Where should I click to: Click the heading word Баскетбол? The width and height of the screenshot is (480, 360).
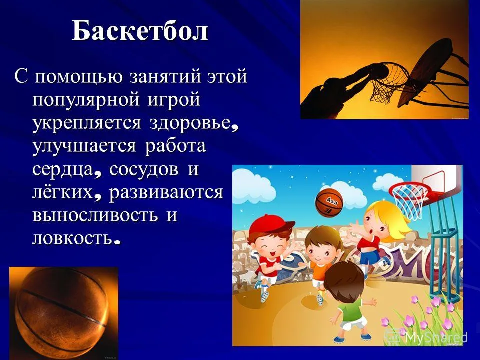pos(140,31)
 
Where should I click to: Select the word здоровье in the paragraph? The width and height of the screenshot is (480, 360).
pos(189,123)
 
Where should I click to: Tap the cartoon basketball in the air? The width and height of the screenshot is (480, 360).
pos(329,202)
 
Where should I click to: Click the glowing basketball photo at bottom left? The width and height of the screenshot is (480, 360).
pos(63,313)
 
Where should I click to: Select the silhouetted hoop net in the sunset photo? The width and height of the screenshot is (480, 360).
pos(386,82)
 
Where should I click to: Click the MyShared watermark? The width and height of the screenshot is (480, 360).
pos(426,336)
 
